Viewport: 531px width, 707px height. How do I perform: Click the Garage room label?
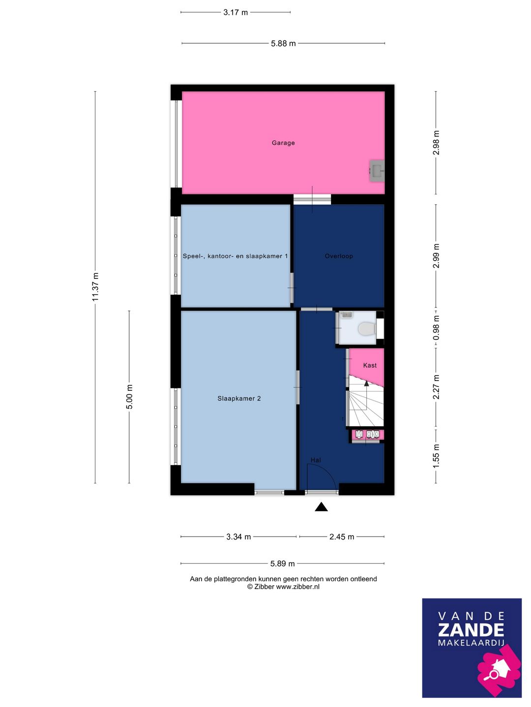point(283,143)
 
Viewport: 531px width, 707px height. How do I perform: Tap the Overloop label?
point(339,256)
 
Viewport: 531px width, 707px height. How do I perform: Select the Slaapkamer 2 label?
point(239,399)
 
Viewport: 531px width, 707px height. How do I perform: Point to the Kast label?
point(369,365)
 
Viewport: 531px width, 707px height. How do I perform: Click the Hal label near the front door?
point(316,460)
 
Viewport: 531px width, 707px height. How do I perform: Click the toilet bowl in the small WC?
point(367,329)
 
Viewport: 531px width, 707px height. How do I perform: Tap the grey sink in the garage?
point(377,170)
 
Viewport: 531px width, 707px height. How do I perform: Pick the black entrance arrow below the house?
point(321,507)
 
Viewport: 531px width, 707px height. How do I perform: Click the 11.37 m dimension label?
point(95,287)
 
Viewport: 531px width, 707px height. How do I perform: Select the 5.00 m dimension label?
point(129,397)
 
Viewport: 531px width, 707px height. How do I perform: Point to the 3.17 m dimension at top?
point(236,13)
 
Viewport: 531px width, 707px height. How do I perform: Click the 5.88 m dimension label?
point(283,44)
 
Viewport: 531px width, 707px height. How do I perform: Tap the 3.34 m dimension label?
point(238,537)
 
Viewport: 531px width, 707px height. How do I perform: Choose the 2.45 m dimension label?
point(342,537)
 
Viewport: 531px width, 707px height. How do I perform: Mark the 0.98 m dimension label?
point(436,327)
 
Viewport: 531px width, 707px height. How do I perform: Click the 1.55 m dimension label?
point(436,457)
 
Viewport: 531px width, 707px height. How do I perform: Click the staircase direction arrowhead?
point(366,383)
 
